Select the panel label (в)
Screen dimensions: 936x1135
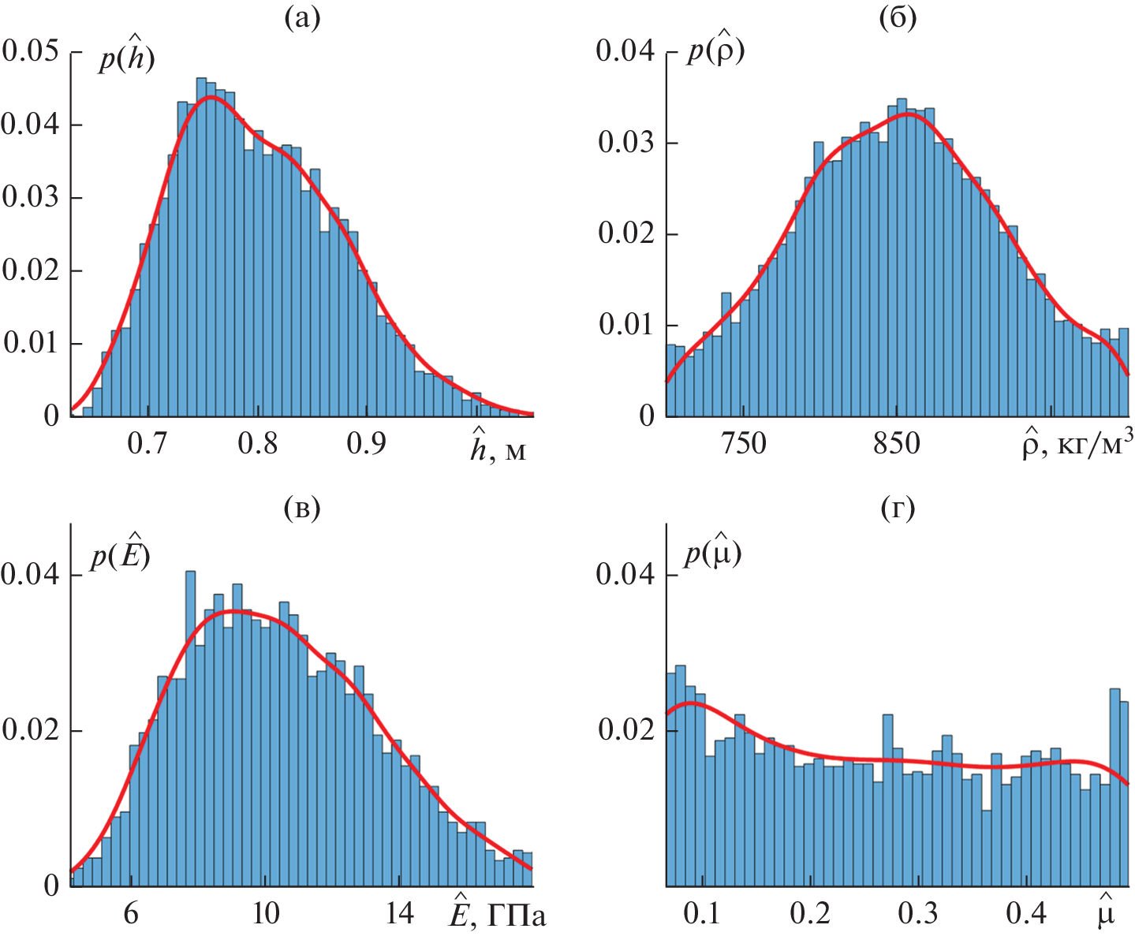click(302, 509)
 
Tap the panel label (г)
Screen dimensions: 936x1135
click(898, 509)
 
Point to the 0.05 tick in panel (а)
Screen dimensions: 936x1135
click(30, 51)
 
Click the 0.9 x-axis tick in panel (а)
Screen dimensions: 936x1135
click(367, 443)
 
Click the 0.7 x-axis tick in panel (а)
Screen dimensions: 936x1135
click(147, 443)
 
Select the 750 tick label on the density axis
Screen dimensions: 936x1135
click(744, 443)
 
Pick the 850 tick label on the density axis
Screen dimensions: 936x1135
click(897, 443)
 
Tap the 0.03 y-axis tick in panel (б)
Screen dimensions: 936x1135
click(625, 143)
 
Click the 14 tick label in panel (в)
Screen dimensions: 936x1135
click(401, 913)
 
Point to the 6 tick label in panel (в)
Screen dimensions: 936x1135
click(131, 913)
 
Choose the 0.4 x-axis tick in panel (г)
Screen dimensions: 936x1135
click(1027, 913)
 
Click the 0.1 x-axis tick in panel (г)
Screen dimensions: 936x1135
click(702, 913)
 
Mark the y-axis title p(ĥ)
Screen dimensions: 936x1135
click(126, 58)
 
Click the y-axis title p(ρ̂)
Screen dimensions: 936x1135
click(715, 51)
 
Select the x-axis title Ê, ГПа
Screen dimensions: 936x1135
click(497, 912)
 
